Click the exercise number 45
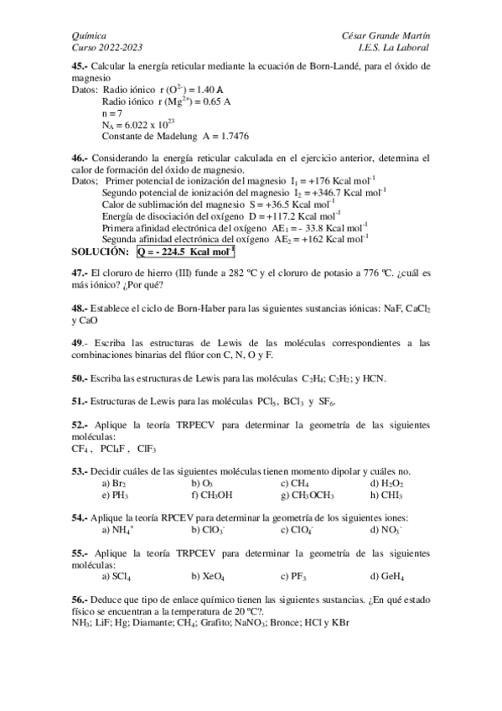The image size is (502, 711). tap(80, 65)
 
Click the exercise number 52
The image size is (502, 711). tap(80, 425)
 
